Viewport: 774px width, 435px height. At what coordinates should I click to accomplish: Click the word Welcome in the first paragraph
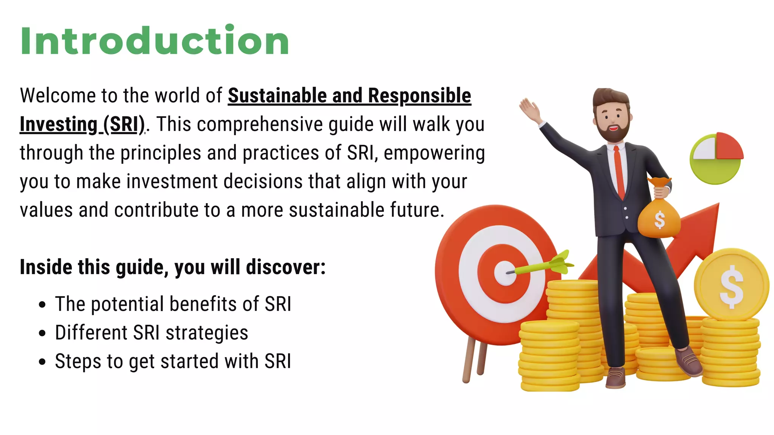click(x=57, y=96)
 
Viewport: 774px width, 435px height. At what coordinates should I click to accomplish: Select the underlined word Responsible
click(x=420, y=96)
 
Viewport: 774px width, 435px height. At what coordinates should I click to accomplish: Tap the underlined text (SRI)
click(x=124, y=124)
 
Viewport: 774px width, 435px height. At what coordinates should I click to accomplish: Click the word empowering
click(x=434, y=153)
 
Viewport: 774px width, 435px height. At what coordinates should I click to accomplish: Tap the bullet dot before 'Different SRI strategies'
click(x=42, y=333)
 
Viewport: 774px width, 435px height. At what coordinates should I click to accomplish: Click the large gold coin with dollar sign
click(x=731, y=285)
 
